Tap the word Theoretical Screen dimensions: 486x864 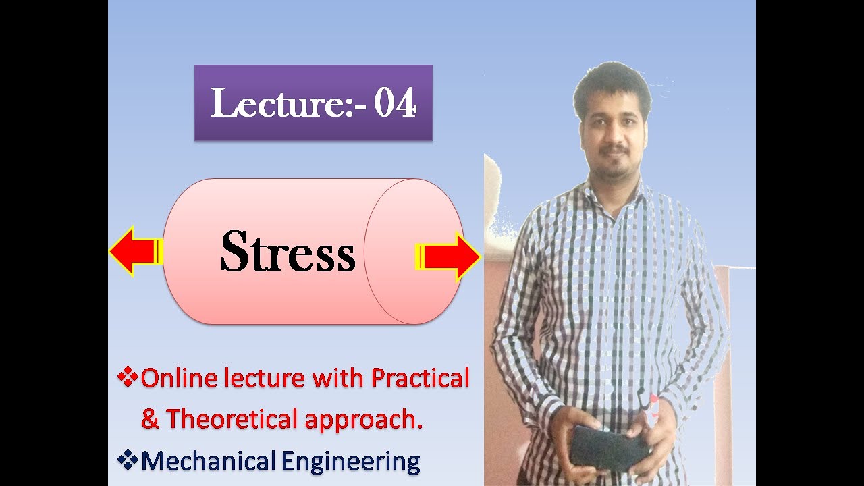click(233, 419)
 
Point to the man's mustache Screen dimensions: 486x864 click(615, 147)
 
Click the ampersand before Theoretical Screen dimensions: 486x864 click(150, 420)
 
